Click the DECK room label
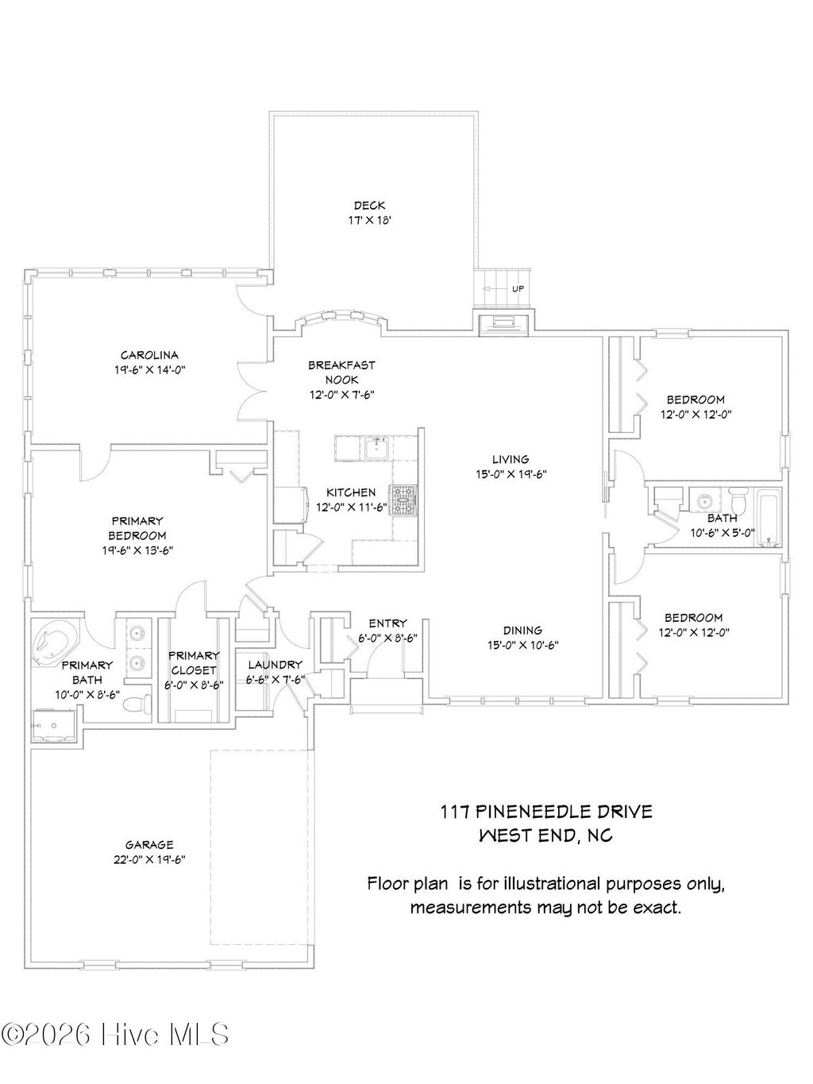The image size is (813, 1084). (369, 206)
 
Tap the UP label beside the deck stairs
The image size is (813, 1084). (518, 289)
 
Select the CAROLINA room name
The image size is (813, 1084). (149, 355)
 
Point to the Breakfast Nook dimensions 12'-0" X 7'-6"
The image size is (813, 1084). (341, 395)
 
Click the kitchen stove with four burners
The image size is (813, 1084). (403, 501)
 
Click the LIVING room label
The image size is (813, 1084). (510, 459)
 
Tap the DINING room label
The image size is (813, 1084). (522, 631)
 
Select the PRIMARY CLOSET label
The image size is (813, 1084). (194, 662)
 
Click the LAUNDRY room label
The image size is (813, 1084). (275, 665)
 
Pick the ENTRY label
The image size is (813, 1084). (387, 623)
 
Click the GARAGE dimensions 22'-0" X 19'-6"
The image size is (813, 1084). (149, 859)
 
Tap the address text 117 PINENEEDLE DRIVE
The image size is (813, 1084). (546, 811)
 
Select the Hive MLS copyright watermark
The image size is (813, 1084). (116, 1035)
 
